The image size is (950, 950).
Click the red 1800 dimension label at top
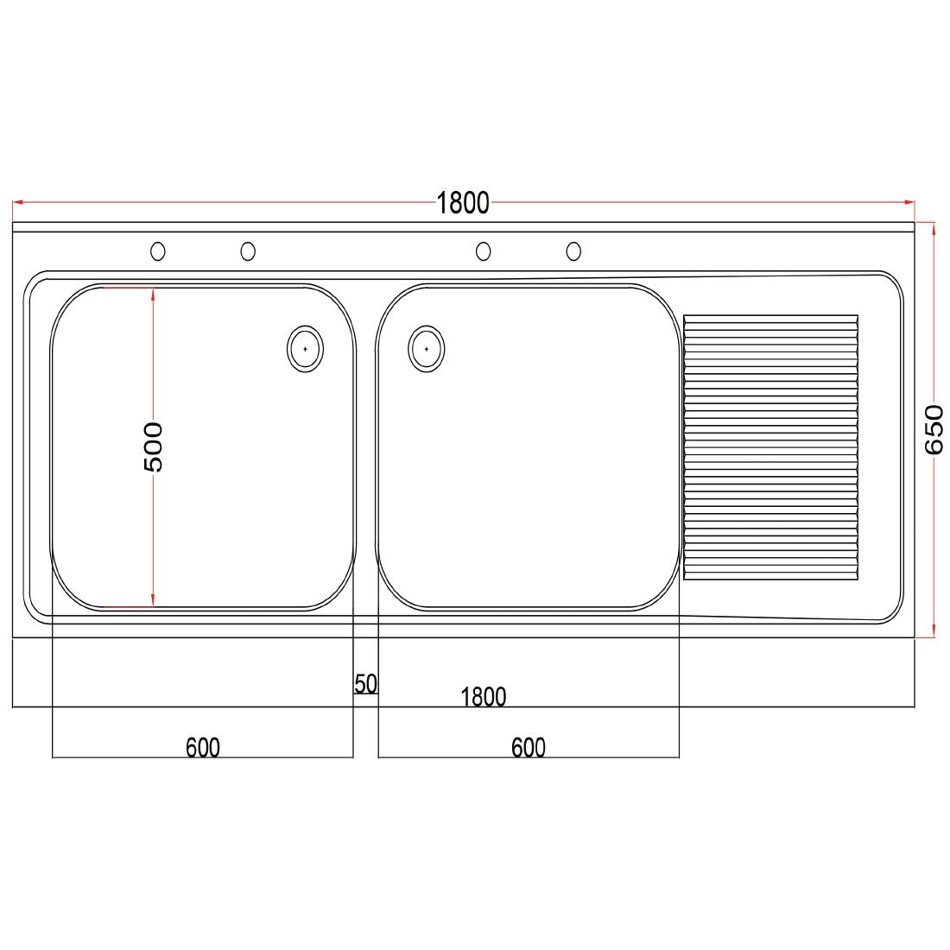click(x=463, y=203)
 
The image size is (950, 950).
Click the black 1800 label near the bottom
click(x=484, y=697)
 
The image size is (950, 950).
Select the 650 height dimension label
click(x=934, y=429)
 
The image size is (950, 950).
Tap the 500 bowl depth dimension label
click(x=152, y=446)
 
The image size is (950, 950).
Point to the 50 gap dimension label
click(x=365, y=684)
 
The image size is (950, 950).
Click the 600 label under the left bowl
click(x=203, y=747)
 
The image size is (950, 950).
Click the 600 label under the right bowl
click(x=529, y=747)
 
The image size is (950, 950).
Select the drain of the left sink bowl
click(x=305, y=349)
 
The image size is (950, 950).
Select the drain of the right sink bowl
click(x=427, y=349)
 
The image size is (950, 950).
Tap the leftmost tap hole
click(x=158, y=251)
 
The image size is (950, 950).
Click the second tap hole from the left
click(x=248, y=251)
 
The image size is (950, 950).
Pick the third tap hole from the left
click(x=484, y=251)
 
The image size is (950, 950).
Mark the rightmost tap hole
click(x=573, y=251)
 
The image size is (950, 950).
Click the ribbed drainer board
click(x=771, y=447)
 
